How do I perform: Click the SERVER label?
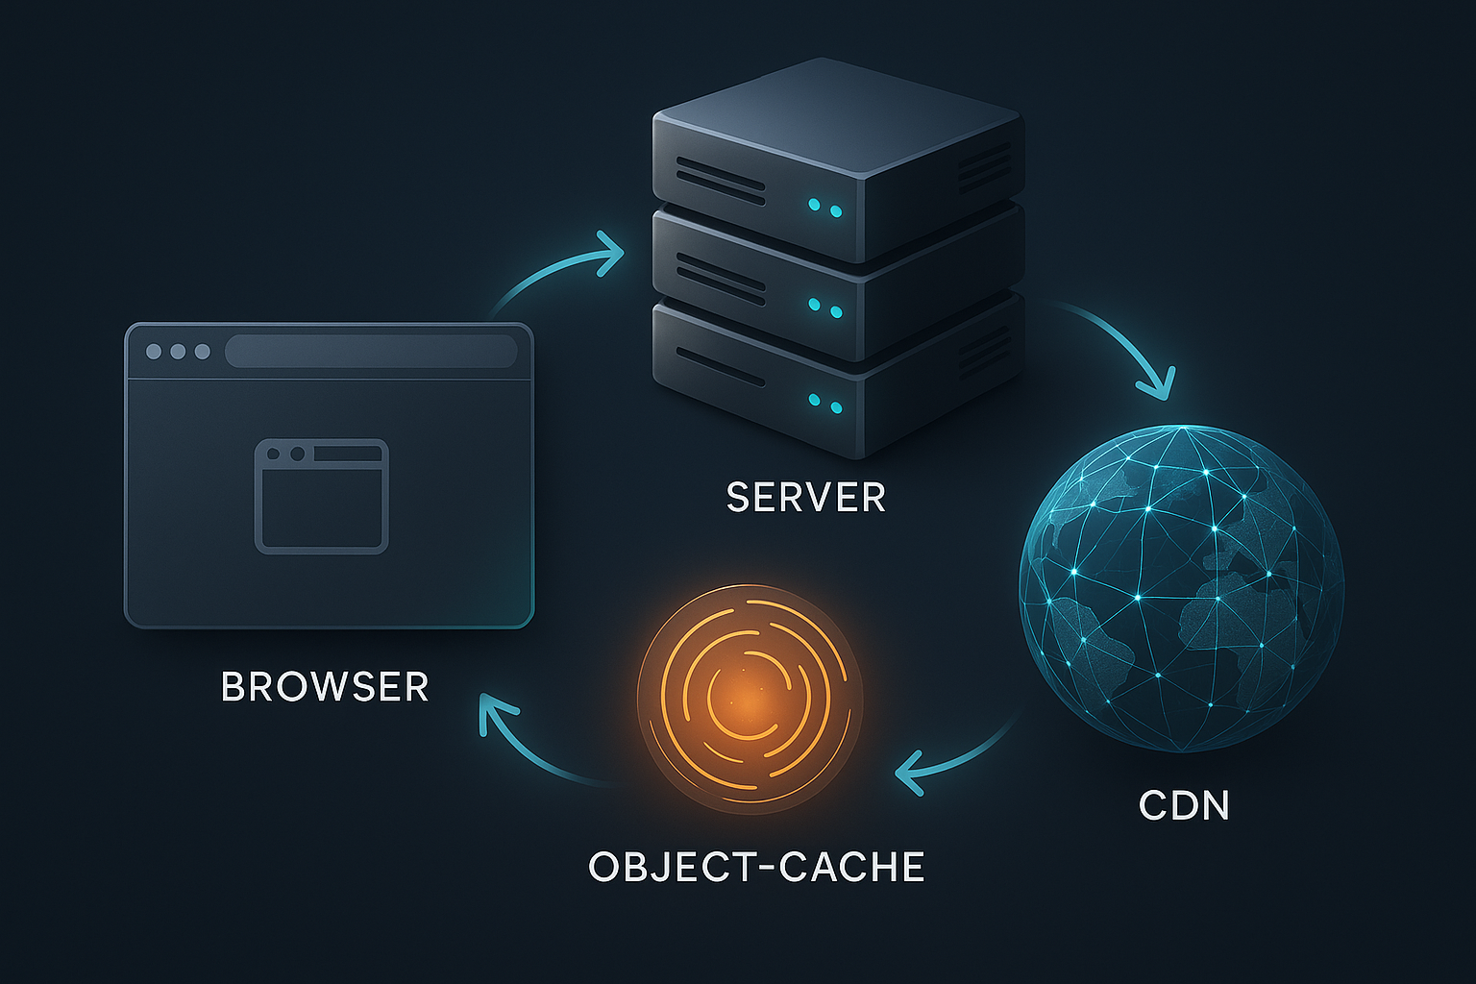point(806,498)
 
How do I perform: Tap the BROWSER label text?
point(325,687)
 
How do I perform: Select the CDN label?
point(1184,805)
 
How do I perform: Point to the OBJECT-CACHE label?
point(756,867)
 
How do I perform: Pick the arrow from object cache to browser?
point(533,751)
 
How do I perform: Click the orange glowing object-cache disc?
point(750,699)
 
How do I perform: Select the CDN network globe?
point(1181,588)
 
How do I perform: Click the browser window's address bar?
point(371,351)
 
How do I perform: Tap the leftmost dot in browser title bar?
point(154,352)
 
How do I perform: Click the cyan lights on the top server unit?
point(825,208)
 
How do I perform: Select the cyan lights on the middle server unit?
point(825,307)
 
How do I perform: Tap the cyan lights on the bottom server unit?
point(825,404)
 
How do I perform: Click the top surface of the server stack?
point(837,115)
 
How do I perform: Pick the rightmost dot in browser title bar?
point(203,352)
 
